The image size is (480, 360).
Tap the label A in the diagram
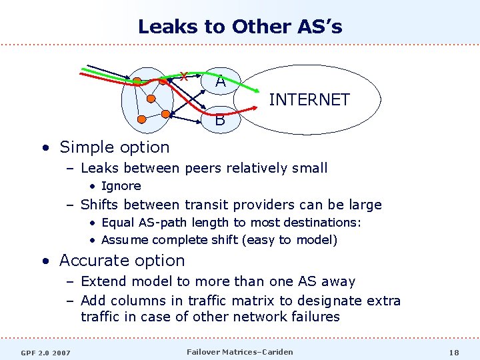[220, 82]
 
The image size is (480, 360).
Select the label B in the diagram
[220, 121]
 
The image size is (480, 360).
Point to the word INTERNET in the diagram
[309, 100]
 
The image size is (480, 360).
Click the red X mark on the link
[183, 77]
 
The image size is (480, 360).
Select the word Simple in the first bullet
[87, 147]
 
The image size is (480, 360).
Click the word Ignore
[121, 186]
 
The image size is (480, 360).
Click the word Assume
[125, 239]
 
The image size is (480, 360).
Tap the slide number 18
[454, 352]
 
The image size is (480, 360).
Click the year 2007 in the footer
[61, 352]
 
